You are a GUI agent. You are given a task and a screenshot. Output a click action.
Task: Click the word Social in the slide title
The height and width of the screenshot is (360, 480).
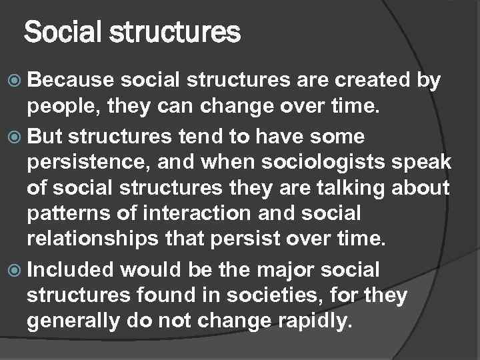tap(56, 31)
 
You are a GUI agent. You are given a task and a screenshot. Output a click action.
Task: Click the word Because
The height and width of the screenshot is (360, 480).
tap(64, 81)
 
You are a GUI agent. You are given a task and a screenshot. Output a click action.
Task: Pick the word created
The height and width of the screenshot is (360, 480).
tap(371, 81)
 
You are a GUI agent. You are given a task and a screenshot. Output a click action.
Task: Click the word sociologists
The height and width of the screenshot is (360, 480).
tap(326, 164)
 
